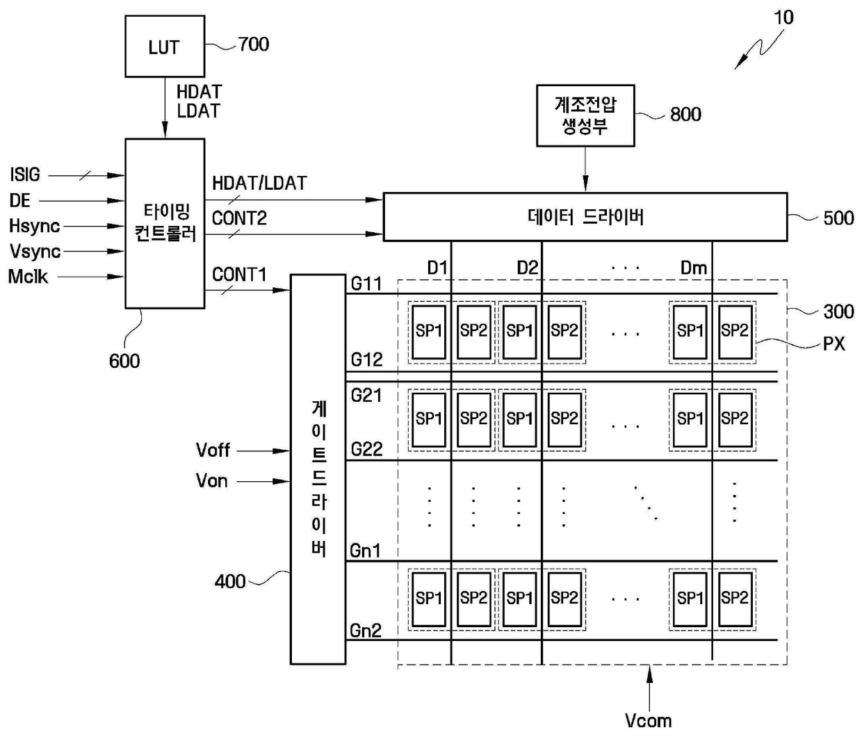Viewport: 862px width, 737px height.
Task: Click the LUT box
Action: click(165, 47)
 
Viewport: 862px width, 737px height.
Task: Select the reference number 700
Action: click(254, 44)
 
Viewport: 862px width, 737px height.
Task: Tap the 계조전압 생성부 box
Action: click(585, 115)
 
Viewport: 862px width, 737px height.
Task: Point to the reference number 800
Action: click(685, 114)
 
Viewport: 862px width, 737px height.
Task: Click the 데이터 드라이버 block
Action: click(585, 217)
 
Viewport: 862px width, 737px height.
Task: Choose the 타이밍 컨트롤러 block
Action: click(165, 224)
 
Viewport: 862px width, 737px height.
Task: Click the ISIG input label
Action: click(25, 175)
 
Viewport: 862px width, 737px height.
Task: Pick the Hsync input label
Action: click(35, 226)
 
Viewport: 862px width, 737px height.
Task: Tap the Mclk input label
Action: click(28, 277)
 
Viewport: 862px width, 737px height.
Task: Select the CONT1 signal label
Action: click(239, 275)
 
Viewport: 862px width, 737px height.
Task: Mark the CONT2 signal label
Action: click(239, 218)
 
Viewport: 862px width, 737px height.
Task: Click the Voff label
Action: click(213, 451)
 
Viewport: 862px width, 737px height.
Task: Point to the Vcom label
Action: click(648, 721)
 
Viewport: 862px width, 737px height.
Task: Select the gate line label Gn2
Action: click(366, 631)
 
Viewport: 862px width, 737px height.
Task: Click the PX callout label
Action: click(834, 344)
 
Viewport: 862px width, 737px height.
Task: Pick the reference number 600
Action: click(124, 362)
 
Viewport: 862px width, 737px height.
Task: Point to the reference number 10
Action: click(783, 17)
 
